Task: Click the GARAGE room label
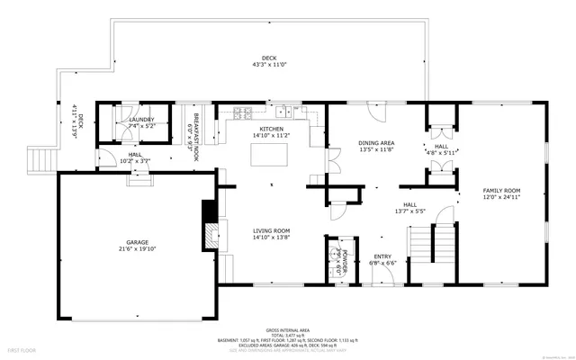coord(137,241)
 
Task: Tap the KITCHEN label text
coord(272,130)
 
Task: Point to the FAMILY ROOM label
coord(502,190)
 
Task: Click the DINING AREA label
coord(376,143)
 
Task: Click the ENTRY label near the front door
coord(383,256)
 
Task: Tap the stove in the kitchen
coord(242,113)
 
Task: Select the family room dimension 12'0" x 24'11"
coord(502,196)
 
